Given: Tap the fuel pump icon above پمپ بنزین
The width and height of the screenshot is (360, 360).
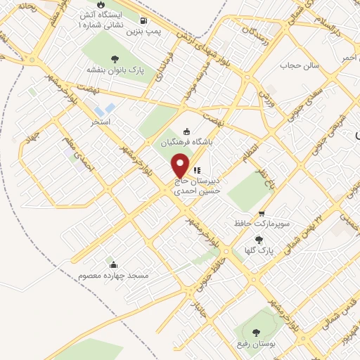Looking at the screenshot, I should pos(144,20).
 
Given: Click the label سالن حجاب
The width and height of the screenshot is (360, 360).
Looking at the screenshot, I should pos(300,65).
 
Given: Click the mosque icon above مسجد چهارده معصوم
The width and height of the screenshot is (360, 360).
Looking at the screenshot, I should pos(114,264).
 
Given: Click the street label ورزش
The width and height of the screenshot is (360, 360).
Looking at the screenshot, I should pos(266,101).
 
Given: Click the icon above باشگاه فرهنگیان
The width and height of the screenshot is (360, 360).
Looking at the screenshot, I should pos(186,130).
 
